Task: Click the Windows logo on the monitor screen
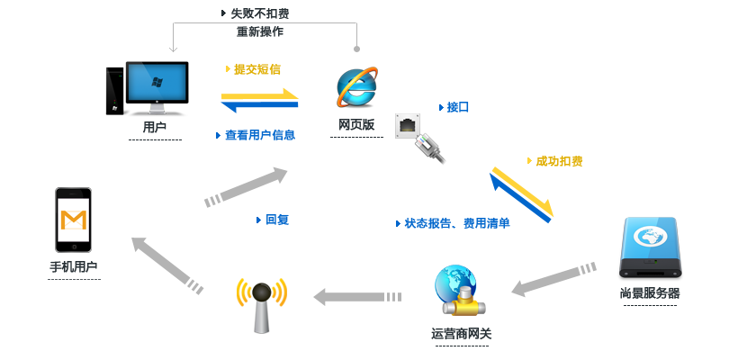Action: [x=155, y=84]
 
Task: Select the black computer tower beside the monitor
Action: [x=113, y=89]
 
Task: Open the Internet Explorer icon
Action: [x=356, y=88]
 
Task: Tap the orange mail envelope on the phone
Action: [x=73, y=220]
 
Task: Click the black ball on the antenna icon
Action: [x=261, y=293]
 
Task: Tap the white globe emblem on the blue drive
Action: [x=649, y=237]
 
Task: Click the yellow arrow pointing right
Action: [x=261, y=94]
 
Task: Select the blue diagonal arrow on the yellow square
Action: [x=519, y=197]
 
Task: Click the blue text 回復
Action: [x=276, y=220]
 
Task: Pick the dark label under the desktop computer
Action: [x=155, y=128]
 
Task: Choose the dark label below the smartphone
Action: [x=73, y=266]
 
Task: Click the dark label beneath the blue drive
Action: [x=649, y=292]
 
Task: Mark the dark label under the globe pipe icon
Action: [x=461, y=334]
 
